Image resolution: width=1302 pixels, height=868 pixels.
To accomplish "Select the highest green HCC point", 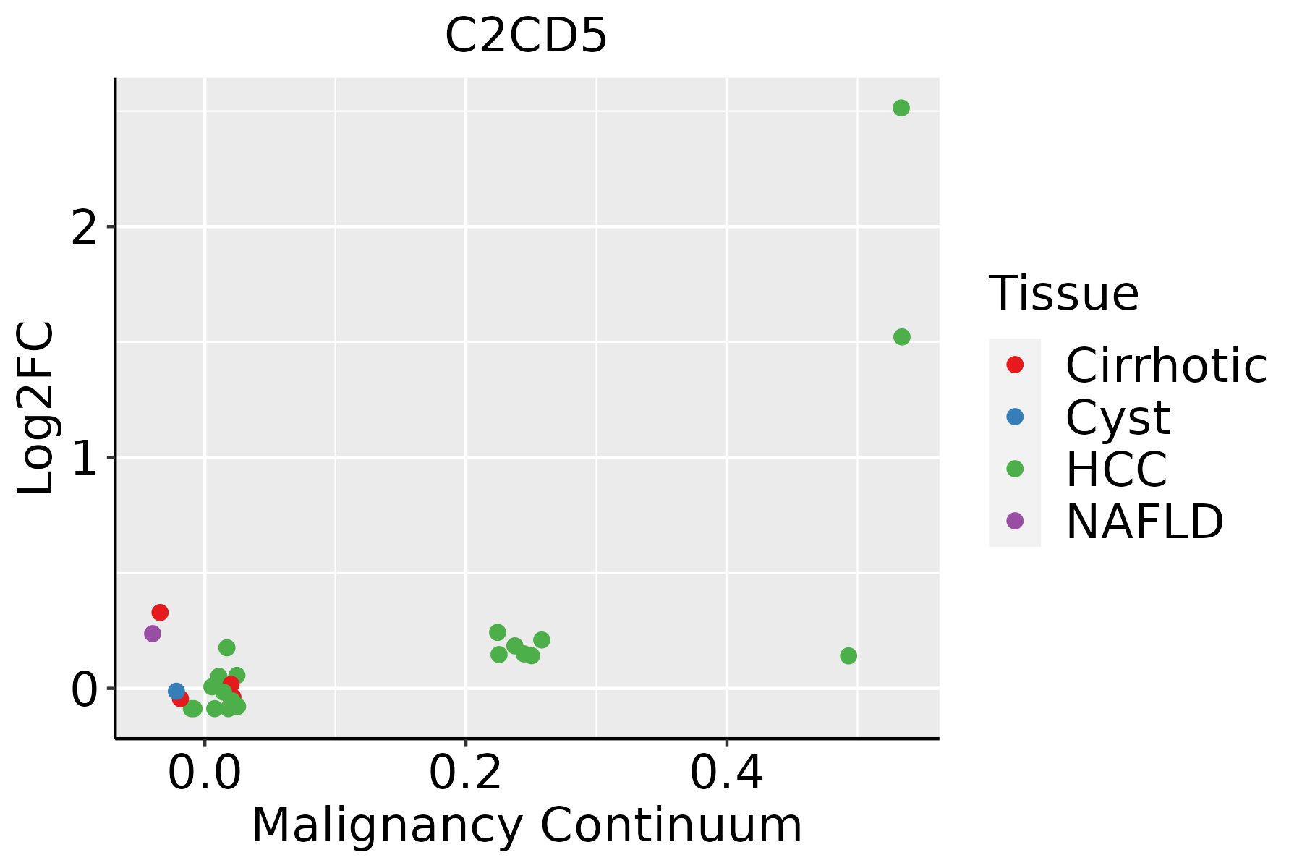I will [901, 108].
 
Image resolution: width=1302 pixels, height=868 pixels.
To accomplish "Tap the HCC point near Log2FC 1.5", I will [901, 336].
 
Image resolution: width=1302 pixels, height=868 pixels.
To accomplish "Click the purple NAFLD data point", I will [152, 634].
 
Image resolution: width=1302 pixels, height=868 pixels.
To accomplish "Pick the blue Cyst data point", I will [176, 691].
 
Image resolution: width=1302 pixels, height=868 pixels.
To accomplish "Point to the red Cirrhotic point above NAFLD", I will [160, 613].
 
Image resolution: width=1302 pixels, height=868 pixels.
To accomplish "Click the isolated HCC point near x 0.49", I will [848, 656].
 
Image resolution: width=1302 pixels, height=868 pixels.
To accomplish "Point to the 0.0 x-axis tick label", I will [205, 775].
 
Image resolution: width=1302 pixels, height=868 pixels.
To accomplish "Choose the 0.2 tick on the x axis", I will [466, 775].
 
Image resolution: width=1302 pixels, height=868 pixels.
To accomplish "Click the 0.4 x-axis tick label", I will [726, 775].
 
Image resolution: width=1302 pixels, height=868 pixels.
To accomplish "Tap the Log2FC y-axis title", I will [36, 408].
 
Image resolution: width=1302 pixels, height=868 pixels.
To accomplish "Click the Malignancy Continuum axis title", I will [527, 826].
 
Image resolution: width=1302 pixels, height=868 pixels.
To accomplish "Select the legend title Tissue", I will [1063, 294].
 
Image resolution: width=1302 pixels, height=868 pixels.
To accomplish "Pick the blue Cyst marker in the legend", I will [1015, 417].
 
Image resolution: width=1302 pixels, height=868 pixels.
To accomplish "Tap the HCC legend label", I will [1116, 469].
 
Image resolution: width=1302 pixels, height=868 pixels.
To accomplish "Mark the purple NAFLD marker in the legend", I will [1015, 520].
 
